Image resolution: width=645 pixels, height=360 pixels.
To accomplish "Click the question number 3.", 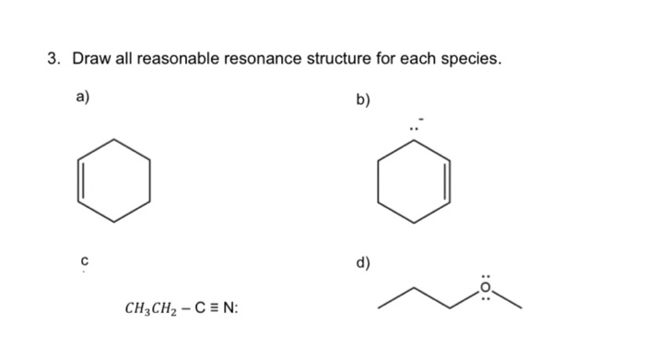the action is pyautogui.click(x=53, y=60).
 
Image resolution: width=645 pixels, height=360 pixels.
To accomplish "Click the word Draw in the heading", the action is pyautogui.click(x=90, y=60).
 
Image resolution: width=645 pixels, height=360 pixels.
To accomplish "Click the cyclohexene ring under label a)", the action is pyautogui.click(x=114, y=180).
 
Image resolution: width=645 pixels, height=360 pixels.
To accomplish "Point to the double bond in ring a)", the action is pyautogui.click(x=80, y=180).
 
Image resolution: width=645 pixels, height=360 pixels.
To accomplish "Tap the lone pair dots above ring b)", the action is pyautogui.click(x=415, y=128).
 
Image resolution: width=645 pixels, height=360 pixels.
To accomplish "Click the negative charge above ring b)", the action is pyautogui.click(x=422, y=118).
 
